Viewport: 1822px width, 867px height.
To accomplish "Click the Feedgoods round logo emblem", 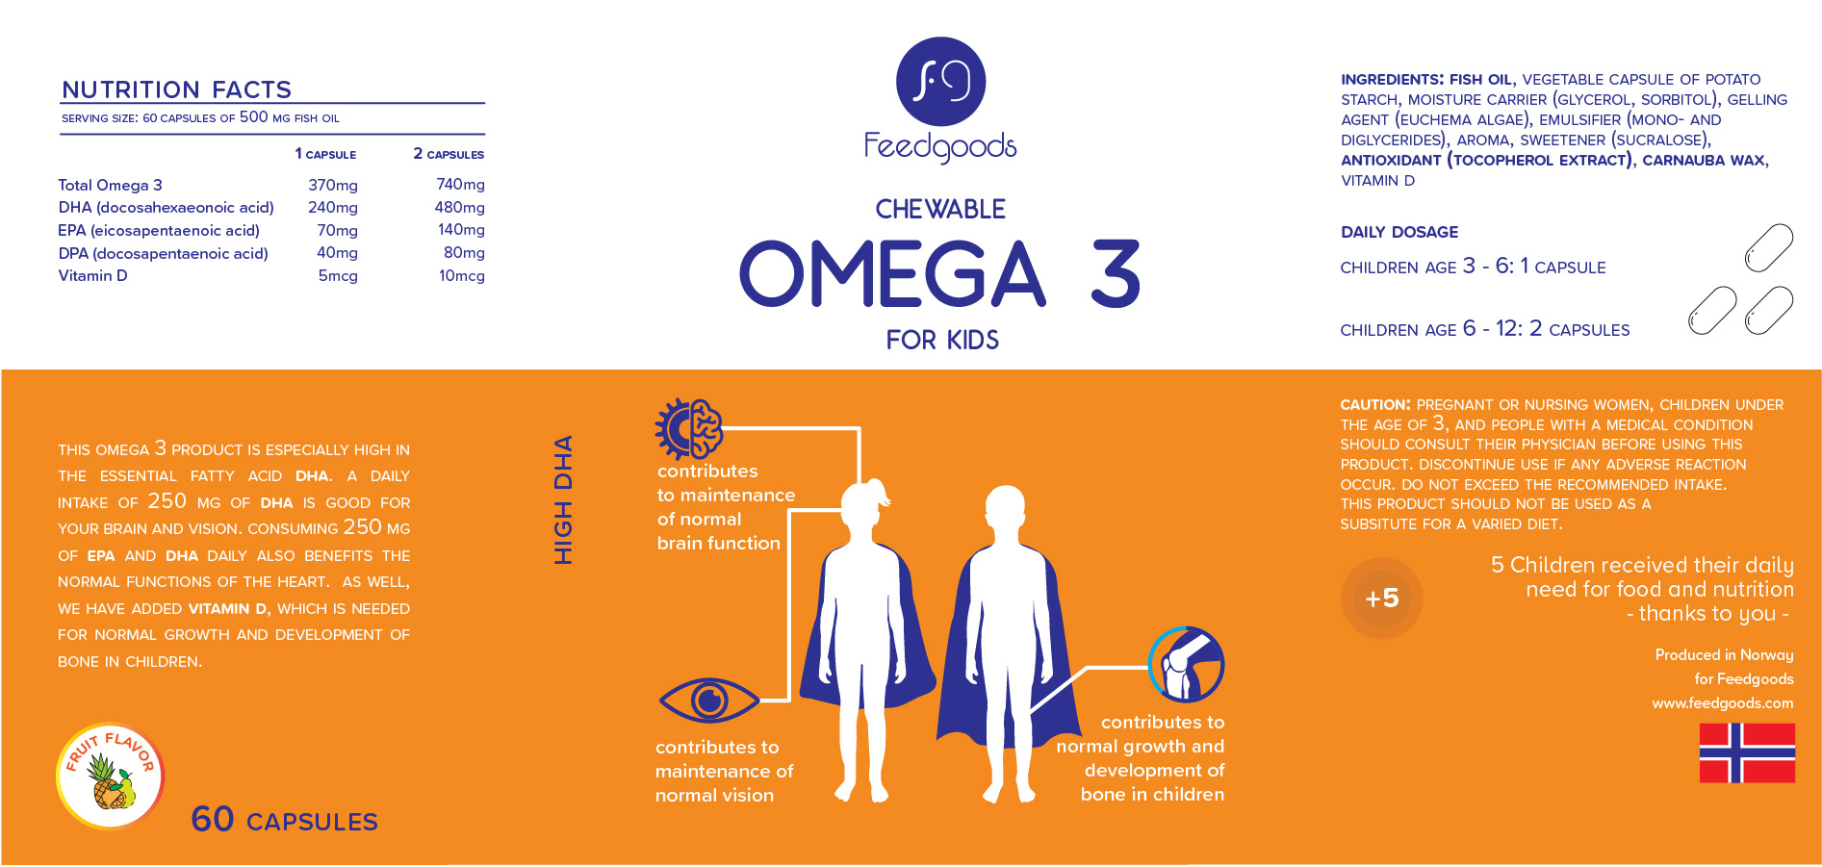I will point(940,82).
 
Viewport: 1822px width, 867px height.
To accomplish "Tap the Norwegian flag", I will point(1746,752).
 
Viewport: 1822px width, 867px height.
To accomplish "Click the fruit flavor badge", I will point(110,776).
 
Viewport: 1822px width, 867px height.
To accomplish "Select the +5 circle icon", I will point(1381,599).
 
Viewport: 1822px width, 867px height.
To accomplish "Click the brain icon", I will point(690,428).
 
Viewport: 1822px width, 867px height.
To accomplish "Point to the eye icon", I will point(708,701).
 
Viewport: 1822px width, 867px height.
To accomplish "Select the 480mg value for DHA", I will point(459,207).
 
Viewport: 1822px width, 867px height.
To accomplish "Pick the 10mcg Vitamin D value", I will point(461,276).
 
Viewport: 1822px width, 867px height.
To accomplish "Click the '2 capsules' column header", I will point(449,154).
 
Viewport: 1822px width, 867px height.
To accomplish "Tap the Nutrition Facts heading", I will point(176,89).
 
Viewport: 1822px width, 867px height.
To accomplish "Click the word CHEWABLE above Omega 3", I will point(939,209).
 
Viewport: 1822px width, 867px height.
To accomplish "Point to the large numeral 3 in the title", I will point(1116,274).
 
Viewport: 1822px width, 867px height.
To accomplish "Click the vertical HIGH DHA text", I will point(563,499).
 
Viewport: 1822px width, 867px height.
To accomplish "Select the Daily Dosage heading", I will point(1399,232).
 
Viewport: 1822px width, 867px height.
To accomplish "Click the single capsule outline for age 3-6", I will point(1768,248).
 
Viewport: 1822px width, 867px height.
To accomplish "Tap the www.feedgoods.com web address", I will point(1722,703).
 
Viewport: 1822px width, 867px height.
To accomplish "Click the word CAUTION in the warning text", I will point(1374,405).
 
